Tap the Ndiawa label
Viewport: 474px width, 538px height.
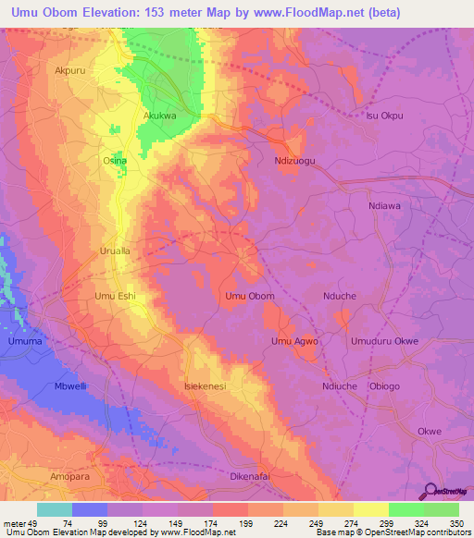(384, 206)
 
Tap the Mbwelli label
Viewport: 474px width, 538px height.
(70, 386)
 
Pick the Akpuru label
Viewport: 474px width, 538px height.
(70, 70)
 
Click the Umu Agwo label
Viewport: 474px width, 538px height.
(294, 341)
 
